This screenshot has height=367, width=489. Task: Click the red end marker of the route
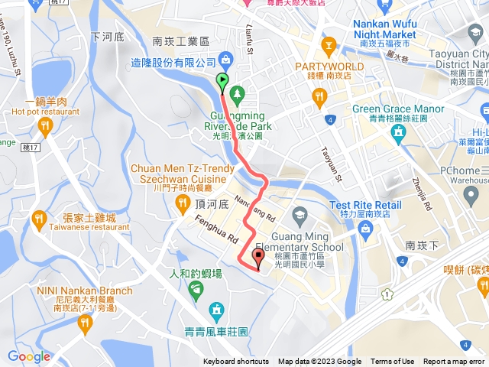click(257, 257)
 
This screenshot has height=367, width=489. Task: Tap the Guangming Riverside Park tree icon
click(237, 94)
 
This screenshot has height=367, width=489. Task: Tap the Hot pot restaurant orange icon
click(45, 125)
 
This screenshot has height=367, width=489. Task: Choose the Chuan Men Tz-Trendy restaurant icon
click(182, 203)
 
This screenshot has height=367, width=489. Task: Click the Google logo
click(28, 356)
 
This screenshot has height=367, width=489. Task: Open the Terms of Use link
click(392, 362)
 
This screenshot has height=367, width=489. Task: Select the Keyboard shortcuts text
click(235, 362)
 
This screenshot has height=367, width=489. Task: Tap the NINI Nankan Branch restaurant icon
click(84, 324)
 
